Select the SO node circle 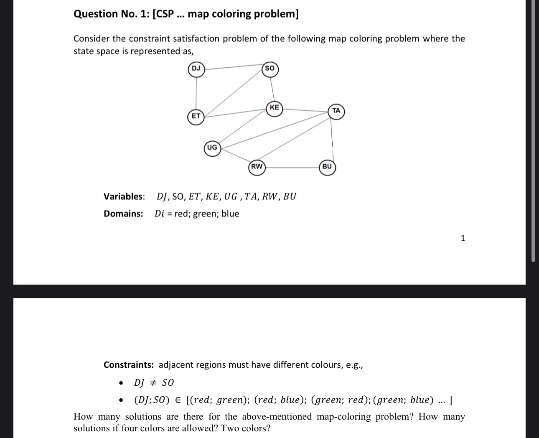[270, 69]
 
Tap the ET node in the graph [196, 116]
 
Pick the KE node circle [274, 108]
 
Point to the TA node [336, 111]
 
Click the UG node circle [212, 148]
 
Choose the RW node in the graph [257, 167]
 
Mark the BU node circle [327, 167]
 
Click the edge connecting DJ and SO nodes [233, 67]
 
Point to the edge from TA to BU [332, 139]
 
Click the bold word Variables [124, 196]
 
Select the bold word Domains [123, 214]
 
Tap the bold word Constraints [129, 365]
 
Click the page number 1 [463, 238]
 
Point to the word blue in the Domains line [230, 214]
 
